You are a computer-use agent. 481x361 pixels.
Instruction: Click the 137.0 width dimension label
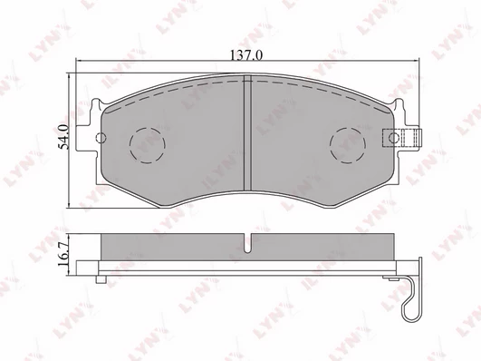[x=246, y=55]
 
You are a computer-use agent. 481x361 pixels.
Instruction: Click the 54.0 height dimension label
[x=64, y=137]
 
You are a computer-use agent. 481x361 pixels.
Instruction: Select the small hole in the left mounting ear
[x=101, y=137]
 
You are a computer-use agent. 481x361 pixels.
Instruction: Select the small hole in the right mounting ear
[x=394, y=137]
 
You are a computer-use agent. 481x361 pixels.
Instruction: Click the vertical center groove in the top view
[x=247, y=132]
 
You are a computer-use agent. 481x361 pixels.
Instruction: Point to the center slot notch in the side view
[x=247, y=243]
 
